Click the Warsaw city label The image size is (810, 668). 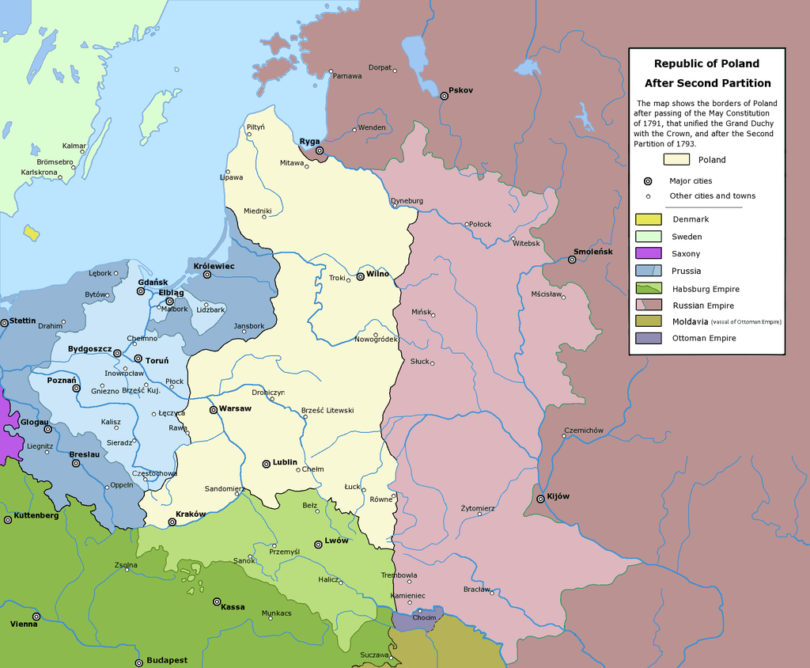[235, 408]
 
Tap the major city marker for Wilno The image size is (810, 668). [360, 276]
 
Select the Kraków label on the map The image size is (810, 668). [191, 514]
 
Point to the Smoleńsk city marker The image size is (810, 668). [572, 260]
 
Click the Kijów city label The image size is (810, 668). [558, 496]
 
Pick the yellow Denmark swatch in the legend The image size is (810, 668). [648, 219]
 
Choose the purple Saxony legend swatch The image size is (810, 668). [648, 254]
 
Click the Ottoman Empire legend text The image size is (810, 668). [704, 338]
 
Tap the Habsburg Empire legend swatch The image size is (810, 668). [648, 289]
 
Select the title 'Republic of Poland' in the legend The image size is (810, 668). [706, 63]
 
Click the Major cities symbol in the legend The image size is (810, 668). [648, 181]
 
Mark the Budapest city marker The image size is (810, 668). [138, 662]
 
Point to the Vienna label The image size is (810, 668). [23, 624]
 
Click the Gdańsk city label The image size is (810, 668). [153, 282]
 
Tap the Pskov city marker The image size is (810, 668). [445, 96]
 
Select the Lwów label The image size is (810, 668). [336, 541]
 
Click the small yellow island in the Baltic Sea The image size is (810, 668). [32, 233]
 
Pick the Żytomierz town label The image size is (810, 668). [478, 507]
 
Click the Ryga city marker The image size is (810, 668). [320, 150]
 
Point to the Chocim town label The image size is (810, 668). [424, 617]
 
